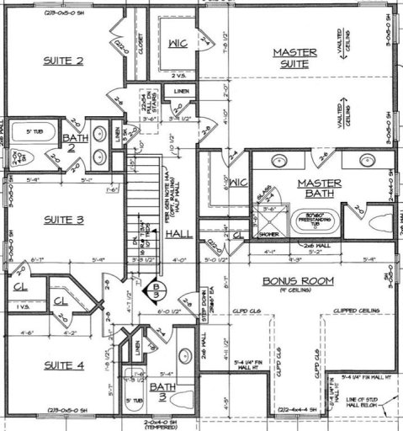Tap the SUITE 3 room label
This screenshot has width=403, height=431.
(64, 221)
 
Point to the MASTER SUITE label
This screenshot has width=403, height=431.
(294, 57)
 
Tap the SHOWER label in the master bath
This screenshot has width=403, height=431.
(267, 235)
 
